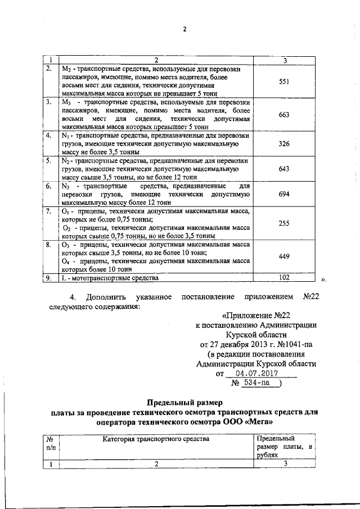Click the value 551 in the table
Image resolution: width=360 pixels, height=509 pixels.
284,82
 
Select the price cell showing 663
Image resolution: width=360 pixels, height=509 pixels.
284,115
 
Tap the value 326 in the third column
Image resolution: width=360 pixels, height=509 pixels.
284,144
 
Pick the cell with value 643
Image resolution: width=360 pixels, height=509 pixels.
284,169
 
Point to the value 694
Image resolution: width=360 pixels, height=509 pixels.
284,193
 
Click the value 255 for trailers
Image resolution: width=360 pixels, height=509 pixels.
284,223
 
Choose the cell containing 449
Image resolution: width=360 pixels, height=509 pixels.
284,256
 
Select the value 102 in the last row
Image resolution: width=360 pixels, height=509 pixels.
284,277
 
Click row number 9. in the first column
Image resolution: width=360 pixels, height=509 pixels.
49,277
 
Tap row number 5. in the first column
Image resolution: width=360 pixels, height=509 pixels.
49,161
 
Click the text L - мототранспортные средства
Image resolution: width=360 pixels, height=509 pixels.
110,277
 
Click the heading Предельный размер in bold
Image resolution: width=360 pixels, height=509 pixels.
185,403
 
